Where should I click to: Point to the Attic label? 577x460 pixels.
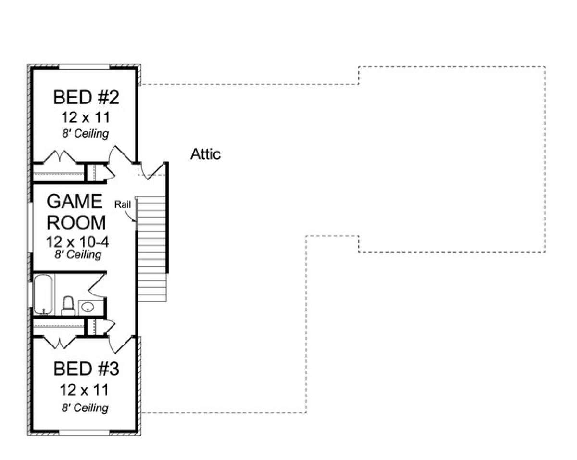pyautogui.click(x=205, y=154)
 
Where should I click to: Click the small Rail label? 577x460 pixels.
pyautogui.click(x=123, y=204)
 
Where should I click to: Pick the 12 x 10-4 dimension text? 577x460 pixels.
pyautogui.click(x=77, y=242)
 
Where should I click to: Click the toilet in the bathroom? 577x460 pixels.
pyautogui.click(x=68, y=306)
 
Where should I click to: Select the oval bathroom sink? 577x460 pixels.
pyautogui.click(x=88, y=307)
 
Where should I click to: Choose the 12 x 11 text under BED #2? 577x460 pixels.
pyautogui.click(x=86, y=117)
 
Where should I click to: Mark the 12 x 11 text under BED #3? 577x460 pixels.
pyautogui.click(x=86, y=389)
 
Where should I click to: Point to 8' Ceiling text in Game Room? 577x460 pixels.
pyautogui.click(x=78, y=255)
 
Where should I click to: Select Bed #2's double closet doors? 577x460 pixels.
pyautogui.click(x=59, y=157)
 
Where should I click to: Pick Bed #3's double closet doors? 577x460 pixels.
pyautogui.click(x=59, y=342)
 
